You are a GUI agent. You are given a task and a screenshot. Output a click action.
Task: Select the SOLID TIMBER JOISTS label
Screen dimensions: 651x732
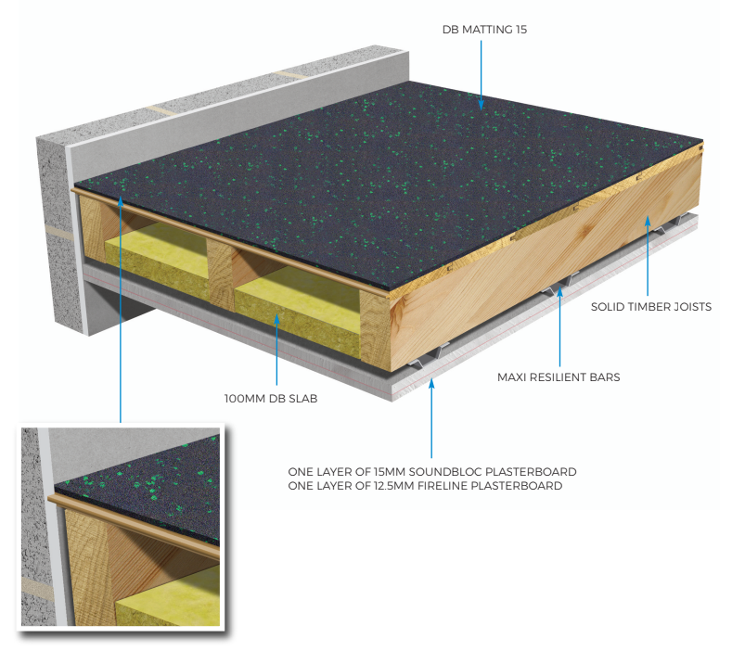click(x=650, y=305)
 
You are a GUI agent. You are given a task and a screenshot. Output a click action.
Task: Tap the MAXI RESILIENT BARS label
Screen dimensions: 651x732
click(x=563, y=377)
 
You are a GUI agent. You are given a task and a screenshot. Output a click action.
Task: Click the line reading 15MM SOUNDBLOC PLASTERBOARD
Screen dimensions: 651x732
click(x=431, y=471)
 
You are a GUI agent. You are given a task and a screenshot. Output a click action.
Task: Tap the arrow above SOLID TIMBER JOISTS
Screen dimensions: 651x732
click(x=647, y=250)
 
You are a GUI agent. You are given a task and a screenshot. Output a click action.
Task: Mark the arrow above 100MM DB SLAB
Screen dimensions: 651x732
click(x=276, y=352)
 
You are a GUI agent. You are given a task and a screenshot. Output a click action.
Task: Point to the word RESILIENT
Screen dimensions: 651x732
click(x=568, y=377)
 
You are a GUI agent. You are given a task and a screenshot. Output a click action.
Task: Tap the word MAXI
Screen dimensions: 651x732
click(x=513, y=377)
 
